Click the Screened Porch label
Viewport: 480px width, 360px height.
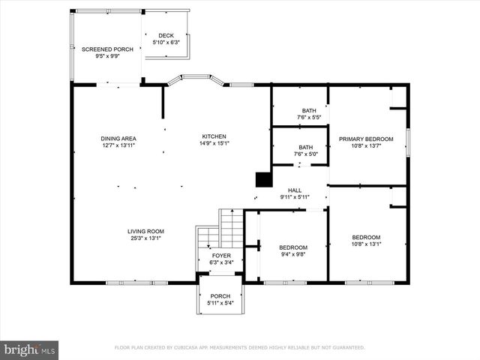[107, 49]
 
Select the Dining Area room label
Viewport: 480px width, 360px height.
[118, 138]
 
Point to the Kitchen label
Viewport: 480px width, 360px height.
[214, 137]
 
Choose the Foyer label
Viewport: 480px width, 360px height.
[221, 256]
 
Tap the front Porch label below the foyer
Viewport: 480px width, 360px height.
[220, 296]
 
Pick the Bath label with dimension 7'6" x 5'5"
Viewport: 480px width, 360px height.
[308, 110]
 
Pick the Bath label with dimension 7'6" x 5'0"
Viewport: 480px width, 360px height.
[305, 148]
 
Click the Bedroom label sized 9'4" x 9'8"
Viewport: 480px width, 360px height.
[292, 247]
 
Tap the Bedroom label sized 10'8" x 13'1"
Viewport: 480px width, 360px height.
[366, 237]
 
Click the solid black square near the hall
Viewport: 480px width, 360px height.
[263, 179]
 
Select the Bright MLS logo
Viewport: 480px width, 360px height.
[29, 349]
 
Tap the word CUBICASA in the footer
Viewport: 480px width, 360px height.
[190, 347]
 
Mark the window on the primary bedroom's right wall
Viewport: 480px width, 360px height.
[407, 142]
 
